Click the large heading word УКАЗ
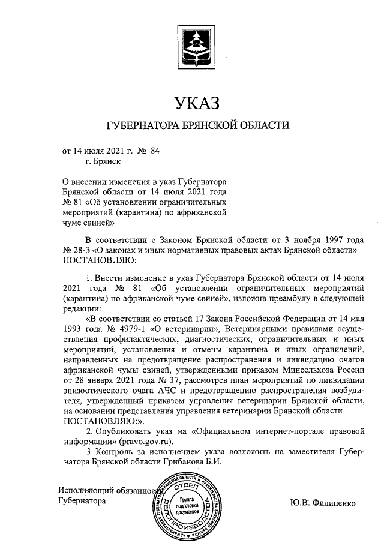click(x=197, y=104)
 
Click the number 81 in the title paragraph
click(x=78, y=202)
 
